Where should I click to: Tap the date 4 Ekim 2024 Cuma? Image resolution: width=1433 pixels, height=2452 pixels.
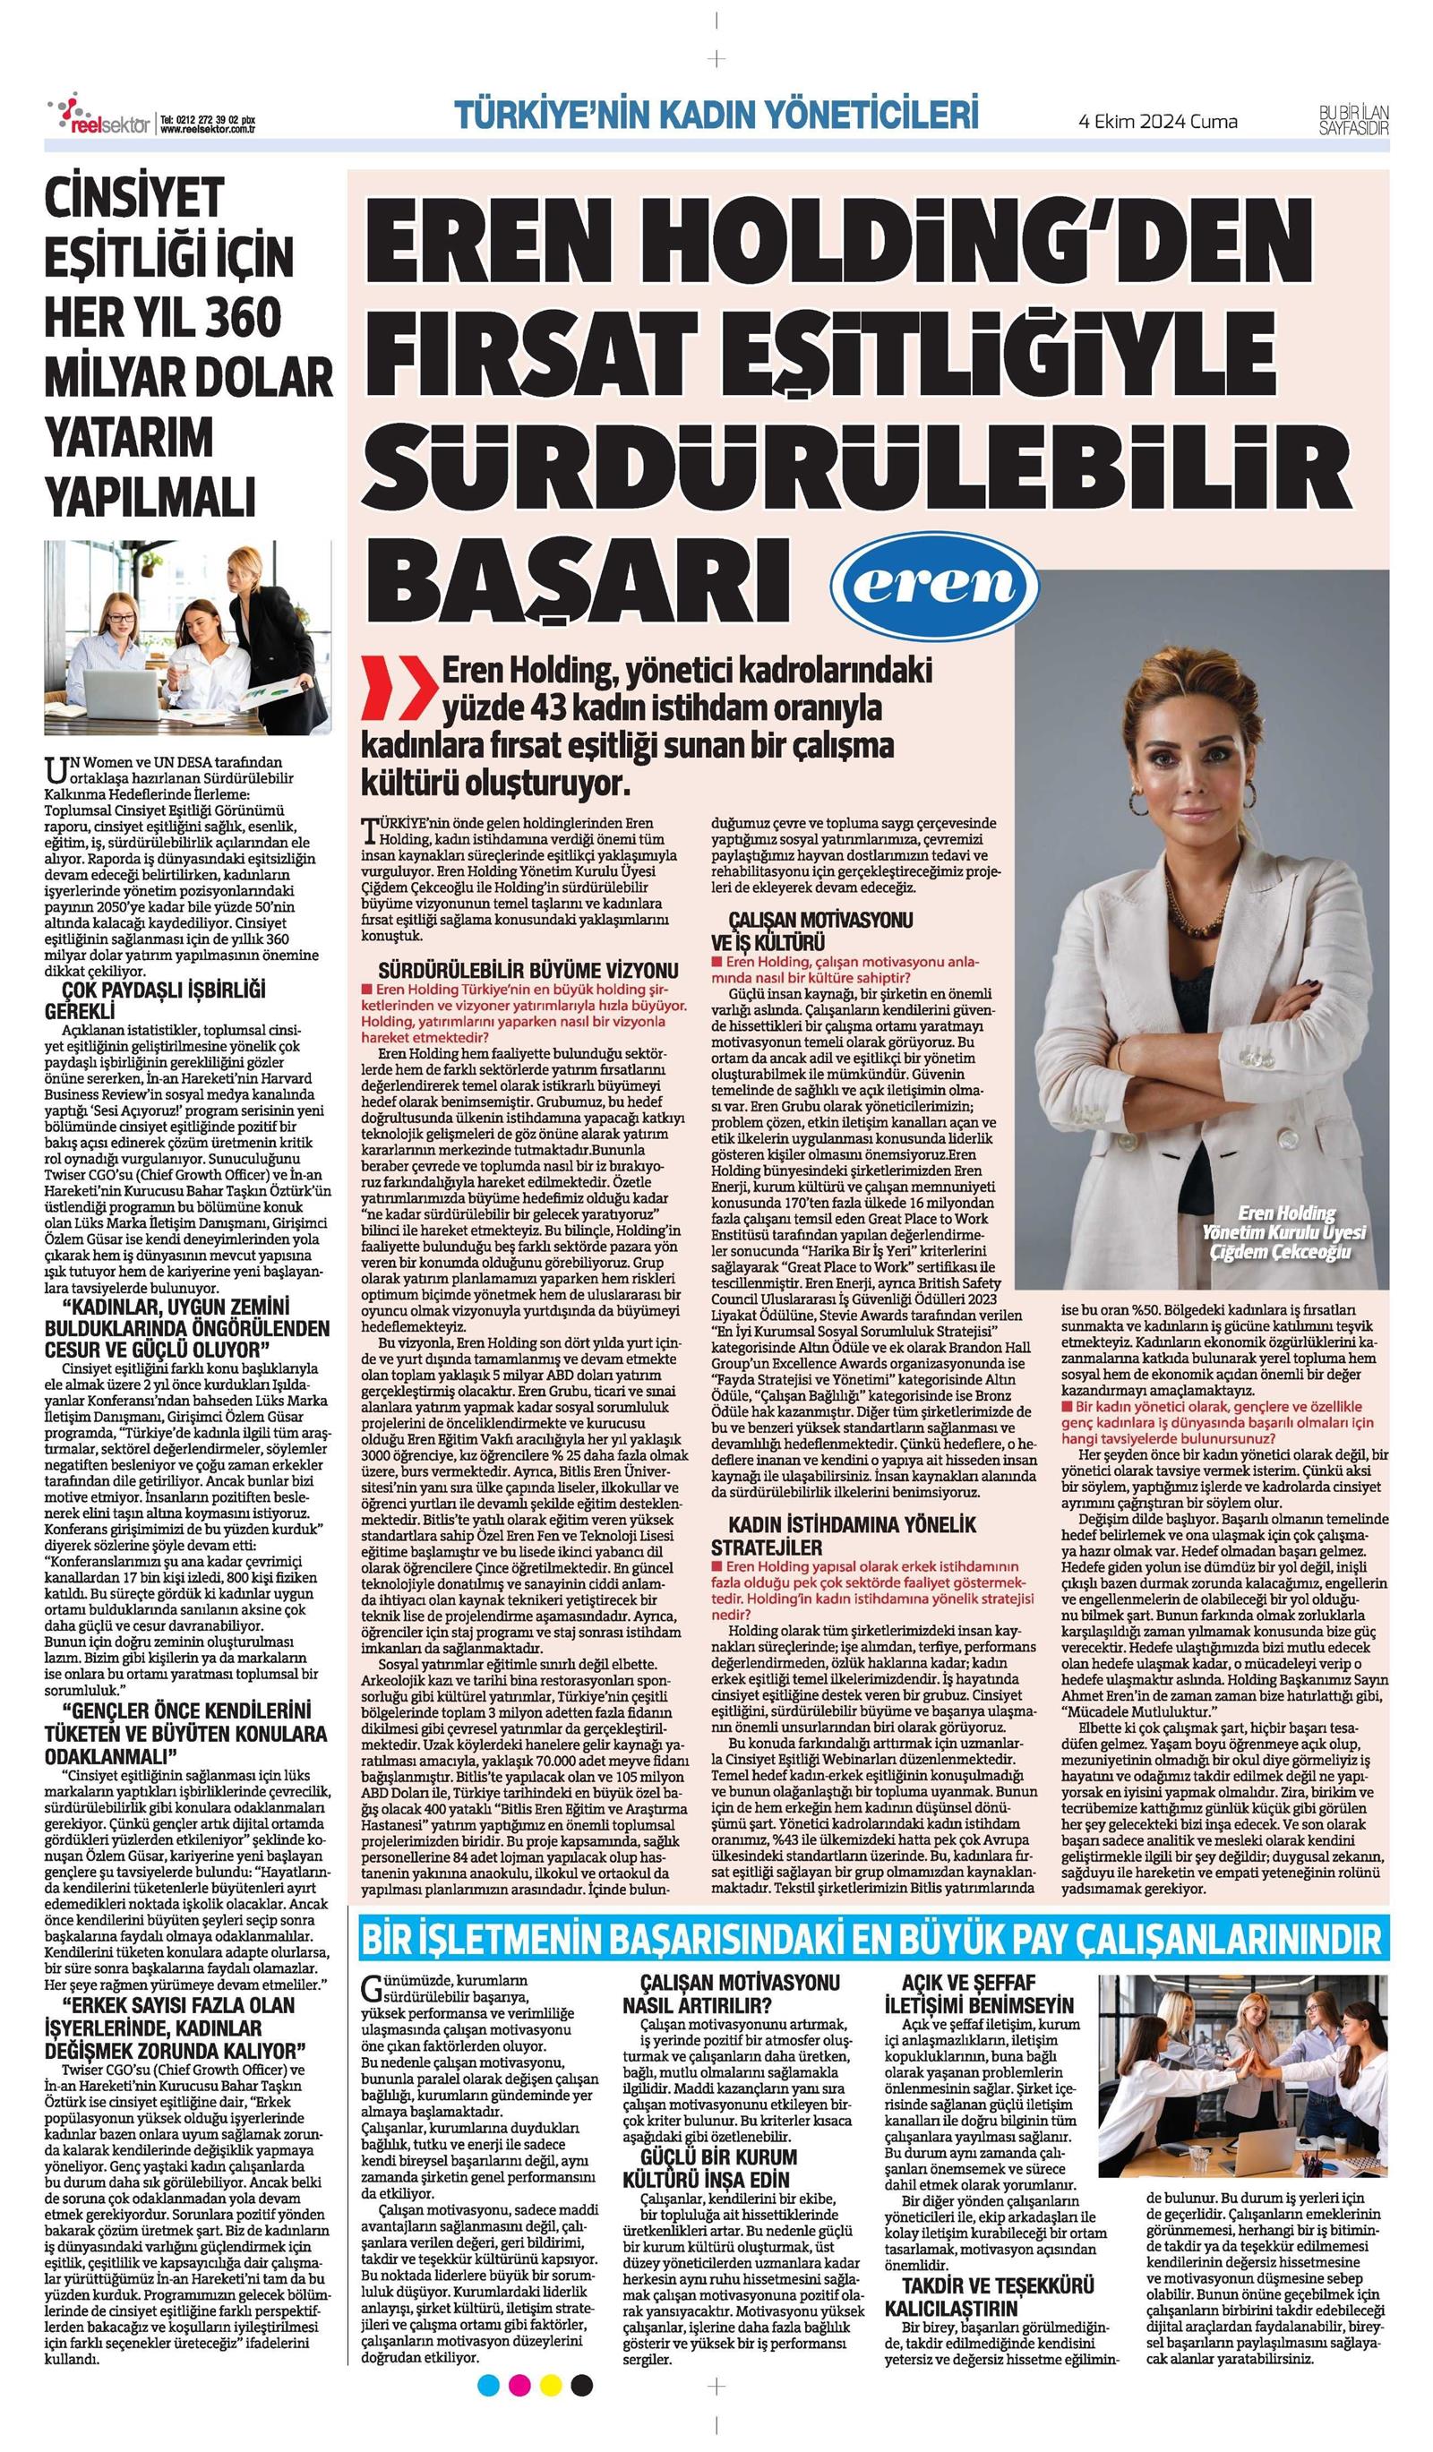(x=1158, y=122)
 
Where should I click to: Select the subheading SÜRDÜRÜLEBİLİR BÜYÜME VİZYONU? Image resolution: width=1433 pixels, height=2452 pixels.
(x=528, y=970)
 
